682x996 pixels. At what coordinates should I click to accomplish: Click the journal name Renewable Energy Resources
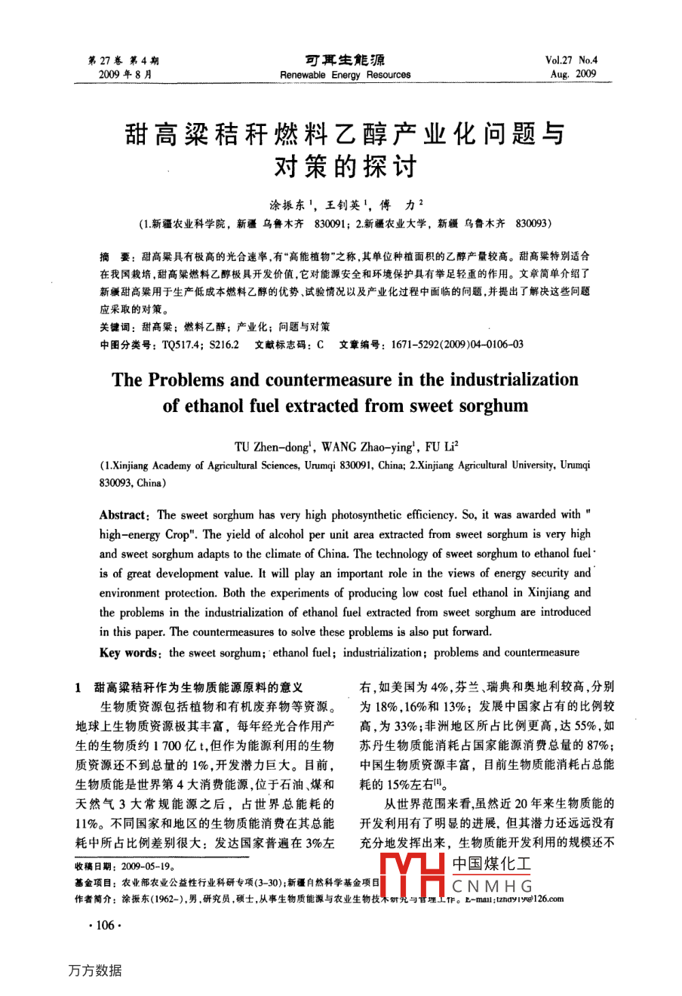pyautogui.click(x=345, y=75)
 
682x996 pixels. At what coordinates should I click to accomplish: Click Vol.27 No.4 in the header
pyautogui.click(x=570, y=60)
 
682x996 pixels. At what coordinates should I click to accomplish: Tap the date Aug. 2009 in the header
pyautogui.click(x=573, y=74)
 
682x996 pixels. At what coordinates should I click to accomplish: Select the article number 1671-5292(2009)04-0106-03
pyautogui.click(x=456, y=345)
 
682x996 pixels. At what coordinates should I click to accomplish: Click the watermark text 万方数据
pyautogui.click(x=94, y=970)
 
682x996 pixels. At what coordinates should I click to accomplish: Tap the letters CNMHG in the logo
pyautogui.click(x=492, y=887)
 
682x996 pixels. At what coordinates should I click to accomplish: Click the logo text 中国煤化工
pyautogui.click(x=491, y=865)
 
